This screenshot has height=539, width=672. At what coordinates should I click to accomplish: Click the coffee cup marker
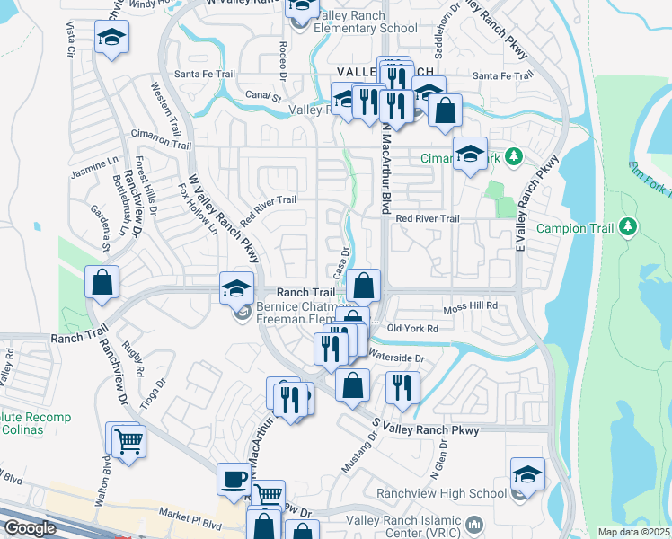pos(234,479)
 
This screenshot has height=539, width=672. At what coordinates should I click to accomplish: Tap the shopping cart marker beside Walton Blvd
pos(127,440)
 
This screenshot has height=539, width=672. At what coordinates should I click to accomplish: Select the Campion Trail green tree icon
pos(628,227)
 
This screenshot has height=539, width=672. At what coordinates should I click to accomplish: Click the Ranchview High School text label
pos(456,493)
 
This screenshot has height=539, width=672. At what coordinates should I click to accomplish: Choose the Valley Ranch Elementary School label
pos(366,28)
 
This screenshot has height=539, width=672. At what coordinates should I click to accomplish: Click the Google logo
pos(30,528)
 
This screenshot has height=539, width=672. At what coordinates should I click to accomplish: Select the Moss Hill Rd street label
pos(471,307)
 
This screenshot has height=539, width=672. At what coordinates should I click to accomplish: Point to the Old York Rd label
pos(412,329)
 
